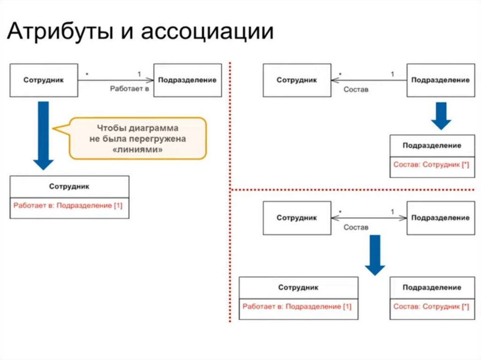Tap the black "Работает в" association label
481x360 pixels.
pyautogui.click(x=129, y=88)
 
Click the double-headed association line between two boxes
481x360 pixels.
pyautogui.click(x=369, y=218)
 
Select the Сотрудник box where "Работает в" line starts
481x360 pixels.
pyautogui.click(x=44, y=80)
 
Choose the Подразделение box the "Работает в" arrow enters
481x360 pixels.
pyautogui.click(x=187, y=80)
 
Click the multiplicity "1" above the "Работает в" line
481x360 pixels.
pyautogui.click(x=139, y=74)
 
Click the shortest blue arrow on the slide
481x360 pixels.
pyautogui.click(x=441, y=115)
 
